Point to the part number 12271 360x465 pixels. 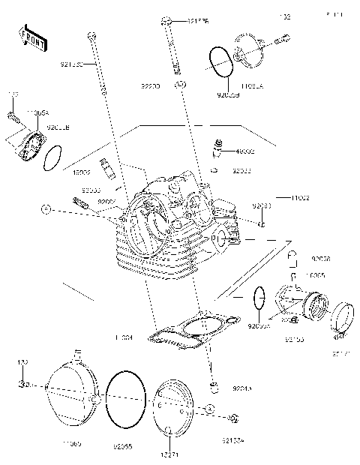tap(169, 454)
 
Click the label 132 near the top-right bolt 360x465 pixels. tap(284, 16)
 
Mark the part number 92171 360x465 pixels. tap(340, 352)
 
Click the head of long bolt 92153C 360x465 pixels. tap(91, 34)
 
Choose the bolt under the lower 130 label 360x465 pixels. tap(22, 385)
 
